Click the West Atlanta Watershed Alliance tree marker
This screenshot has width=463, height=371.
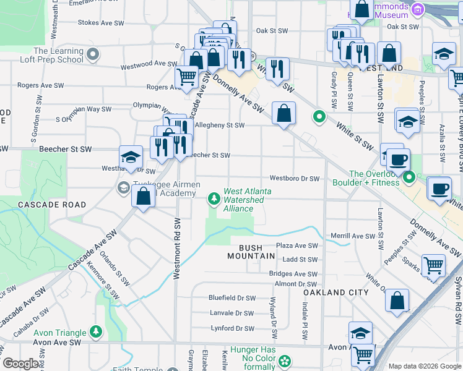[214, 198]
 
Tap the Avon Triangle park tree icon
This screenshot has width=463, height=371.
[96, 332]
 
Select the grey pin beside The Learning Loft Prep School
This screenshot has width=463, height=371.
[93, 56]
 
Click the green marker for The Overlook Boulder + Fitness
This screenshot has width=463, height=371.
[409, 178]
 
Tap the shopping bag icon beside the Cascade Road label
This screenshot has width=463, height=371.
[144, 197]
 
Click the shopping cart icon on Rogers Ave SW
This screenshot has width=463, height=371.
[186, 77]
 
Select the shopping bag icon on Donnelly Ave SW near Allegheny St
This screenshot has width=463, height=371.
[283, 113]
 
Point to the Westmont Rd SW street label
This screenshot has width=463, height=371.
[176, 248]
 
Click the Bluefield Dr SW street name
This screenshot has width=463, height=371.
[232, 297]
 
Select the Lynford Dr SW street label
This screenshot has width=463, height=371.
[232, 328]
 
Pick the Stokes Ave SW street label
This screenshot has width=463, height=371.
[102, 22]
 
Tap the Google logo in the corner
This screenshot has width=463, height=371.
[22, 364]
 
